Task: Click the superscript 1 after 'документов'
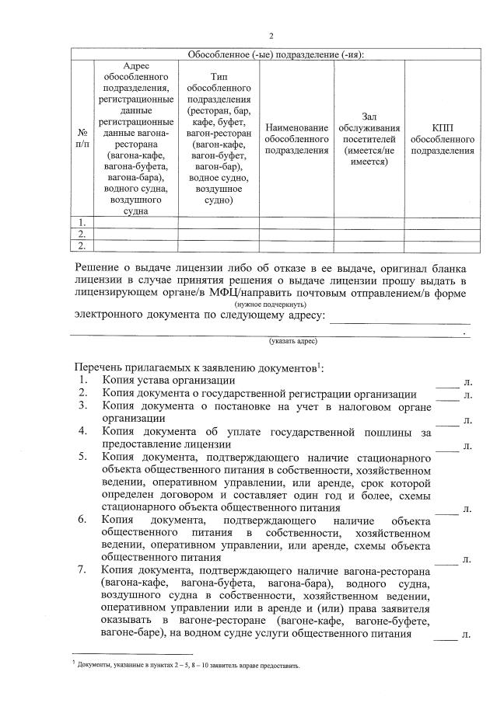click(x=320, y=364)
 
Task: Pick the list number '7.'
click(x=82, y=572)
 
